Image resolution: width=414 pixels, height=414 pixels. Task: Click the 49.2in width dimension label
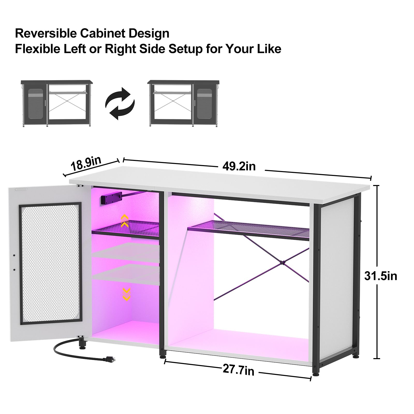coord(239,166)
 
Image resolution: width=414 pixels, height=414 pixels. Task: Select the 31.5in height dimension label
coord(380,276)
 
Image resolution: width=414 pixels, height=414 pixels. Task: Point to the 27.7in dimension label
coord(238,370)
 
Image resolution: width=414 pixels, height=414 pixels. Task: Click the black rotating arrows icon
coord(120,103)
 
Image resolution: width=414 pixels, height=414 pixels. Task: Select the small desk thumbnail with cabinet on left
coord(56,103)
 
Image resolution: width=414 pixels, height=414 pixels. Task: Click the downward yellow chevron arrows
coord(126,294)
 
